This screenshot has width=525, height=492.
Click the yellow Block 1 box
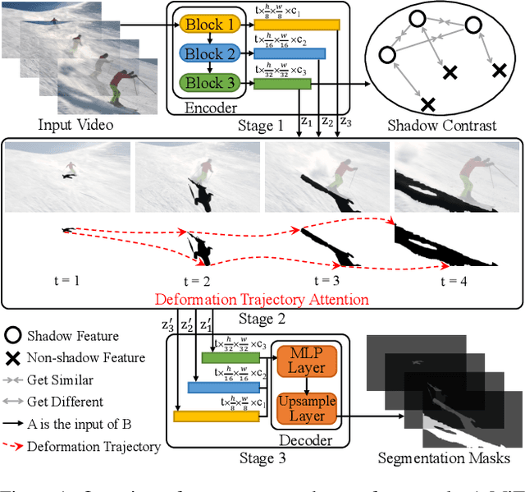coord(208,25)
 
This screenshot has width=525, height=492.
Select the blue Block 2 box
coord(208,53)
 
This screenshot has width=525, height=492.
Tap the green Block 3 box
coord(208,82)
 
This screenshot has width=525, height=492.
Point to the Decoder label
coord(305,440)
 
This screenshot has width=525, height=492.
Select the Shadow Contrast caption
coord(442,125)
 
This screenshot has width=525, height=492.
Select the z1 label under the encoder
coord(307,121)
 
